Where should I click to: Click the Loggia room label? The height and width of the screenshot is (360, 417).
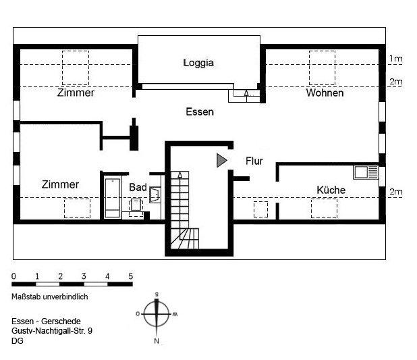pos(198,63)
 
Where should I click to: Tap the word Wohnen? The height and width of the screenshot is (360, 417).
pos(325,93)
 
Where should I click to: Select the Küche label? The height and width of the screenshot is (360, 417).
pos(331,190)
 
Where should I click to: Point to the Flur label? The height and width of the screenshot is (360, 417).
pos(254,161)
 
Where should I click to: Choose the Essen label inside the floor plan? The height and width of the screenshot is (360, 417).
pos(199,111)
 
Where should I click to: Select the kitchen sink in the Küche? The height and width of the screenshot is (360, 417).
pos(362,172)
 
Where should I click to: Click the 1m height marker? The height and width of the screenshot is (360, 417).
pos(395,59)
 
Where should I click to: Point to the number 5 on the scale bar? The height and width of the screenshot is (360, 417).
pos(130,276)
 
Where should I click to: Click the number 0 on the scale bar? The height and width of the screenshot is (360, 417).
pos(13,276)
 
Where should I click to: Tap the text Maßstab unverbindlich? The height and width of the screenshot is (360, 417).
pos(49,296)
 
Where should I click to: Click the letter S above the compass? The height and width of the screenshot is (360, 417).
pos(157,294)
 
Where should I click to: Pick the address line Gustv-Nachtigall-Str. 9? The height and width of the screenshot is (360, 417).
pos(52,332)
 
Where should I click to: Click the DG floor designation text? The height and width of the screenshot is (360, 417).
pos(18,341)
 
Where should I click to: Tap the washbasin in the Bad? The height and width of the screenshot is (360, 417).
pos(155,195)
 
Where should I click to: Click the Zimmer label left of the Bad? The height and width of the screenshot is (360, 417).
pos(60,184)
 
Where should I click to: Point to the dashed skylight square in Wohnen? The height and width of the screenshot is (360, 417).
pos(322,67)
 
